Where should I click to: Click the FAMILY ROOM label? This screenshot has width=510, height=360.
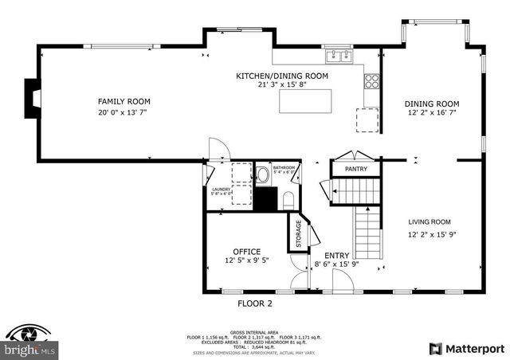click(124, 101)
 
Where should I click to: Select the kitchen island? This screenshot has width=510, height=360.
click(304, 101)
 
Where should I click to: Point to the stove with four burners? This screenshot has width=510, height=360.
click(371, 80)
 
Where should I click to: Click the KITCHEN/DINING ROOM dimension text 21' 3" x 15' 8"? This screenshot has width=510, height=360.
click(281, 85)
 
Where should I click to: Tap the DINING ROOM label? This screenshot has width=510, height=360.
click(432, 104)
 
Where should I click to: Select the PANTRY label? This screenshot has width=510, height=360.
click(355, 169)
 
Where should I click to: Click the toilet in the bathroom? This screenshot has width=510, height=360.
click(288, 199)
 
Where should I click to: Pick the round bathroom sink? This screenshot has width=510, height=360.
click(261, 174)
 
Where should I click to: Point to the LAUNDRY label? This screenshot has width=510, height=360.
click(221, 188)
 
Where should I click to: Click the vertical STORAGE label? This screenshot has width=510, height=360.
click(299, 233)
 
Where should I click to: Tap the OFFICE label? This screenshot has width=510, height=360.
click(246, 251)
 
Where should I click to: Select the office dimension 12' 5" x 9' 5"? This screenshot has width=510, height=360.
click(246, 260)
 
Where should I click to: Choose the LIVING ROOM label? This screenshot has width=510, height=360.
click(430, 222)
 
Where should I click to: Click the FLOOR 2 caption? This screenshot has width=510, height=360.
click(255, 303)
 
